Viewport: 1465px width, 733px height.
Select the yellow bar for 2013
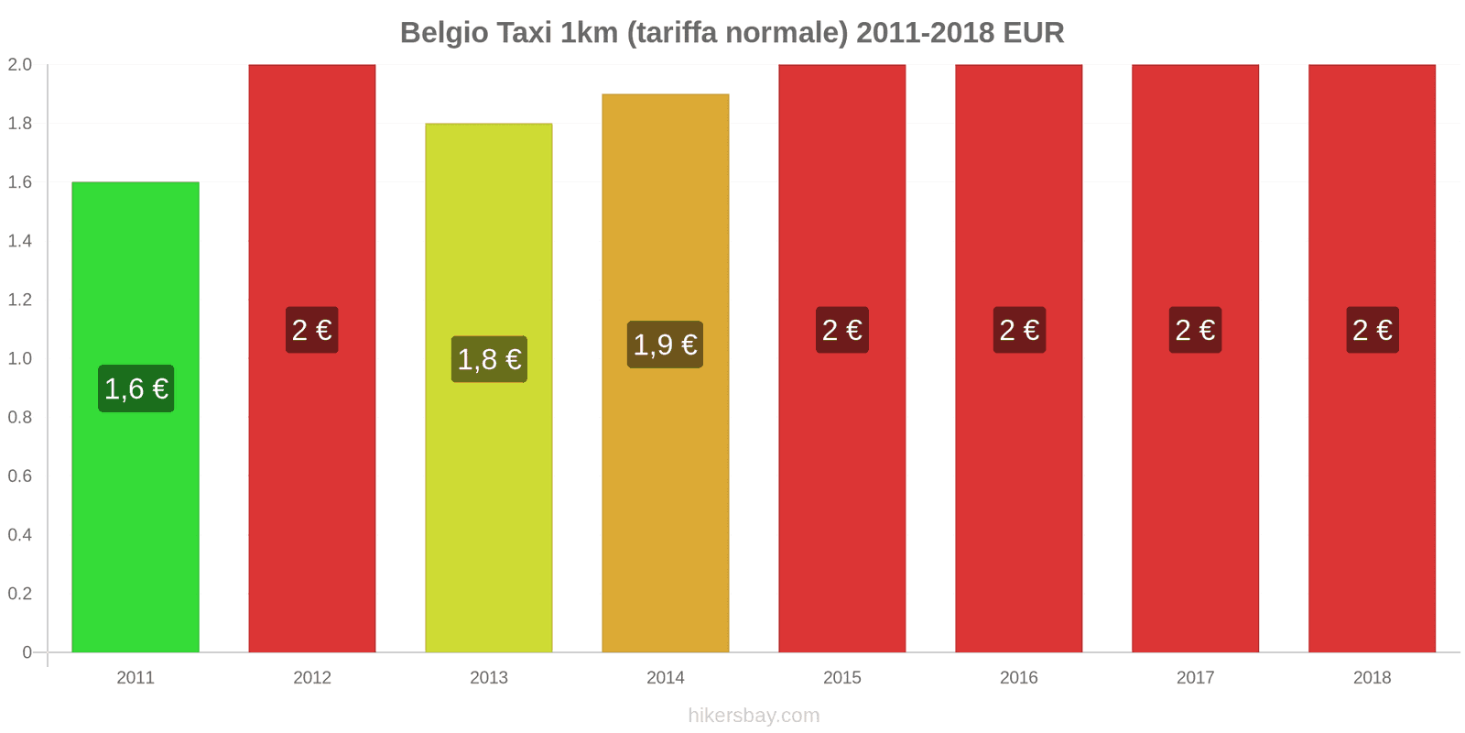(489, 513)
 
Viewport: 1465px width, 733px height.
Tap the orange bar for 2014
(666, 513)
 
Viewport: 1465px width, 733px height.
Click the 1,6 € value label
(136, 388)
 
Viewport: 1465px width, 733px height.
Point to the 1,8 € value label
(489, 359)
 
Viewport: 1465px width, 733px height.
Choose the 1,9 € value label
(666, 345)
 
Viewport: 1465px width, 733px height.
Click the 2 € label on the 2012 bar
(312, 330)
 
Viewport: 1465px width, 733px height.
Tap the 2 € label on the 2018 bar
(1372, 330)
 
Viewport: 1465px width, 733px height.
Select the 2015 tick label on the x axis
(842, 678)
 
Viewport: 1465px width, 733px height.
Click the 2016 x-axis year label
(1019, 678)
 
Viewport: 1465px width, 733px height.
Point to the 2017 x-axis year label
(1195, 678)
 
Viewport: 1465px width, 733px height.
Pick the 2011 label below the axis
(136, 678)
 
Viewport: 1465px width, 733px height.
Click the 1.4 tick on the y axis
(20, 241)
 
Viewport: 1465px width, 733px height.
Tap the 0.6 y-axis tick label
(20, 476)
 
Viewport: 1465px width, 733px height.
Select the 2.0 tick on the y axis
(20, 65)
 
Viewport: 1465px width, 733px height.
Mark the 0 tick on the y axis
(27, 652)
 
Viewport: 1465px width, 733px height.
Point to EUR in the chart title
(1033, 33)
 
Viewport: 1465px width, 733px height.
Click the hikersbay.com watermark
(754, 716)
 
